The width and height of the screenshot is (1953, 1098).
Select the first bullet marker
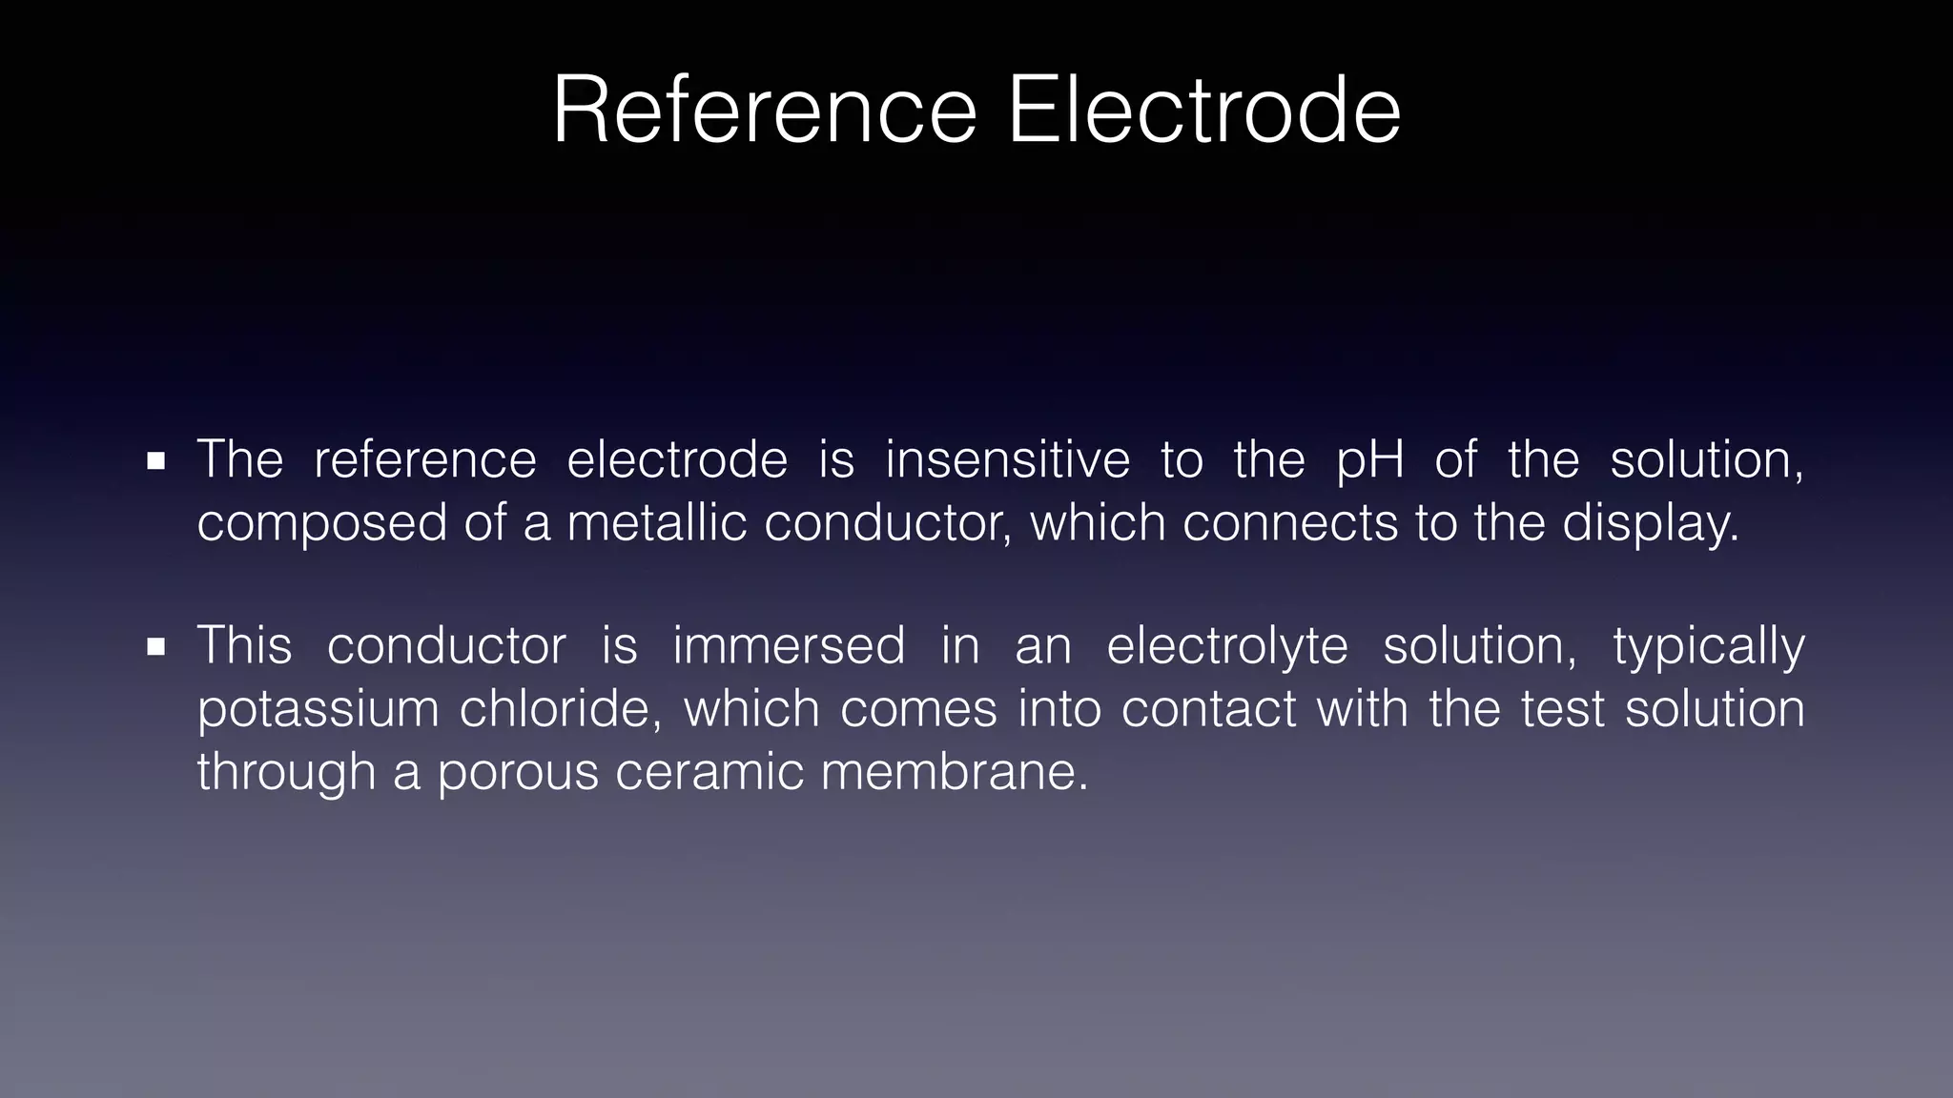(156, 462)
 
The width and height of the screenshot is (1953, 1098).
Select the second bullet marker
(156, 648)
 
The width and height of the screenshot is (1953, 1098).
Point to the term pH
(1370, 461)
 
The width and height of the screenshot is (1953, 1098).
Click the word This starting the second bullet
(244, 645)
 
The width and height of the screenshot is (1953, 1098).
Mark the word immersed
(789, 645)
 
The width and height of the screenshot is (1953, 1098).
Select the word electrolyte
(1227, 647)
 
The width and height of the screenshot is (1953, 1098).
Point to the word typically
(1709, 647)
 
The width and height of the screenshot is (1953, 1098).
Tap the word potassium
(318, 710)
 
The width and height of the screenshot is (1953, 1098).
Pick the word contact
(1209, 710)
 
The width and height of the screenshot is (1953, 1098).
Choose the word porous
(518, 772)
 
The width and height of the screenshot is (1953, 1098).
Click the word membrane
(954, 771)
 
